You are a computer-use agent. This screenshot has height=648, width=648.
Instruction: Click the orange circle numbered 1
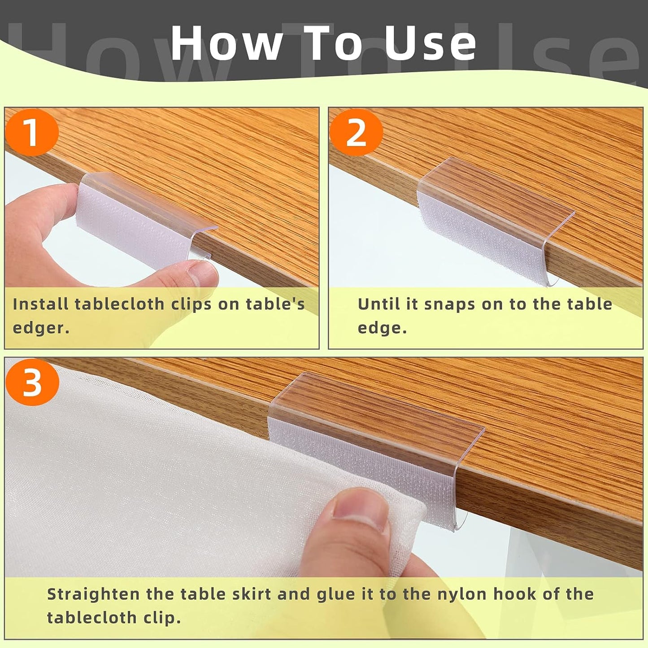coord(32,133)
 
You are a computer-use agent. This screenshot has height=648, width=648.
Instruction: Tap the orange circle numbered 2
coord(356,133)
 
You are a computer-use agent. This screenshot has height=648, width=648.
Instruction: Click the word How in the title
coord(226,43)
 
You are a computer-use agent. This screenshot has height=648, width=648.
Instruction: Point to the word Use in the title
coord(430,43)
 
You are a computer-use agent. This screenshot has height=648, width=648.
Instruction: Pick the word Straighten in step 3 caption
coord(93,594)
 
